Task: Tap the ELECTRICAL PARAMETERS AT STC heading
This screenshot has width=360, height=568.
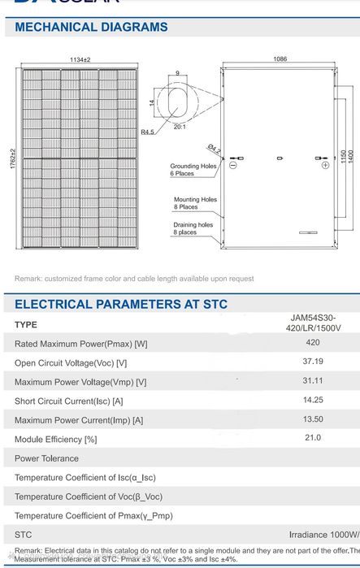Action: [x=121, y=305]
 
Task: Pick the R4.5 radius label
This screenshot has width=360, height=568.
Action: [x=147, y=132]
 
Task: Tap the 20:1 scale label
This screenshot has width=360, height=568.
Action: [x=178, y=128]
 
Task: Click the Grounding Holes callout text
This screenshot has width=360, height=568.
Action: [x=193, y=170]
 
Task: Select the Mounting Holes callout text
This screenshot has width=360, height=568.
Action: [x=195, y=203]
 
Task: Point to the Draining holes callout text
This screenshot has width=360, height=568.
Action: [x=193, y=228]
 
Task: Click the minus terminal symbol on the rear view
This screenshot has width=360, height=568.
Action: [x=232, y=165]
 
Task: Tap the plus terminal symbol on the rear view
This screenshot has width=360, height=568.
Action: [x=325, y=165]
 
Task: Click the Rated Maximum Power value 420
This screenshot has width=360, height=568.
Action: [x=312, y=343]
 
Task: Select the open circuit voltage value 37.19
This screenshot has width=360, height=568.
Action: [x=312, y=362]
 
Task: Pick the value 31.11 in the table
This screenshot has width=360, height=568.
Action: [x=312, y=380]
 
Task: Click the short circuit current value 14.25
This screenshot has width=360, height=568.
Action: [x=312, y=400]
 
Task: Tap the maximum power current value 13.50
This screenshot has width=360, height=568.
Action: [x=312, y=418]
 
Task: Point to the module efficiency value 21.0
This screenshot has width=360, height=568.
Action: [x=312, y=437]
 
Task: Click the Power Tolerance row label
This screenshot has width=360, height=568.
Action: [x=46, y=458]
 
